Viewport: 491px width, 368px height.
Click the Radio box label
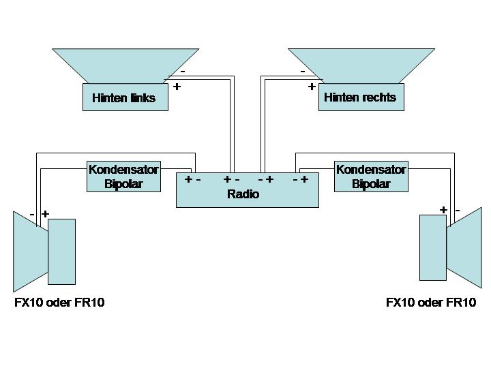click(243, 194)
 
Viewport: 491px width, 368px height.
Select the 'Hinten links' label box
click(124, 97)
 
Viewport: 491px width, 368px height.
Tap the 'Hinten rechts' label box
click(360, 97)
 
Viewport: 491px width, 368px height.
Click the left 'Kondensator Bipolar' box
click(123, 177)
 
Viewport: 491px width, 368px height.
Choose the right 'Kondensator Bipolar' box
click(371, 177)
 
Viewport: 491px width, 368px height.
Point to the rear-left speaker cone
click(126, 65)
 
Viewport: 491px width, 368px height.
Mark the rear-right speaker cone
click(361, 65)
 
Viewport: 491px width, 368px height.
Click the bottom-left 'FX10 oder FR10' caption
click(59, 303)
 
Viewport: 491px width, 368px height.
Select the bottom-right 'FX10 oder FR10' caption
click(431, 303)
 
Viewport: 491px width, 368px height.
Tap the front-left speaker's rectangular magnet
click(61, 251)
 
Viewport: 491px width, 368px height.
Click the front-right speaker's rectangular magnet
click(433, 247)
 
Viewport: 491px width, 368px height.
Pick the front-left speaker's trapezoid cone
click(30, 251)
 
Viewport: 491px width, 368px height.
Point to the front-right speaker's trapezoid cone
click(464, 247)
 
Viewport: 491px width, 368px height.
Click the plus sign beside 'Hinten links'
click(177, 87)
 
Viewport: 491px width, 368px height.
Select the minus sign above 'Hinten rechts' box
click(302, 71)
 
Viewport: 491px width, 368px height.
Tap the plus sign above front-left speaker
click(45, 213)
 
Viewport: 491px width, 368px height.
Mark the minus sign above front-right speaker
click(458, 210)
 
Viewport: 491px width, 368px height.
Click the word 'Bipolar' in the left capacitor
click(123, 184)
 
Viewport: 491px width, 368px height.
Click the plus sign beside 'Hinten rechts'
click(312, 87)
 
